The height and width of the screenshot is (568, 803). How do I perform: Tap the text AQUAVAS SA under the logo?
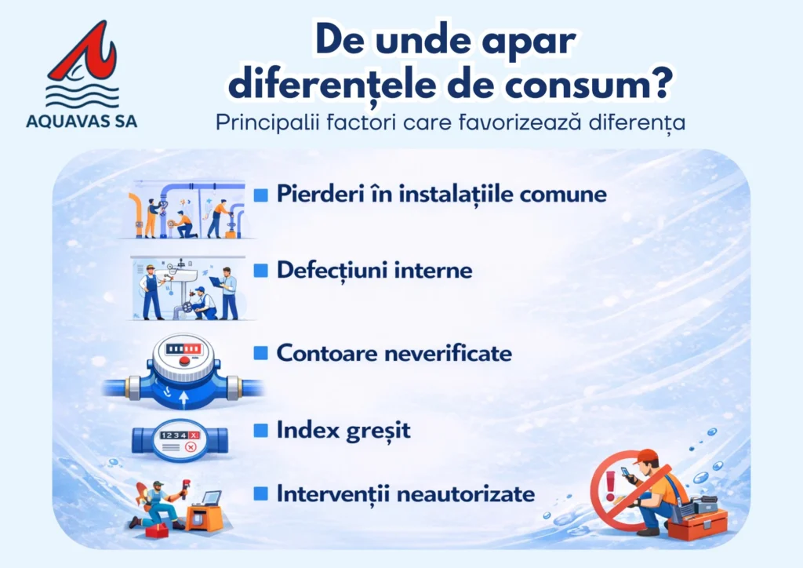tap(82, 122)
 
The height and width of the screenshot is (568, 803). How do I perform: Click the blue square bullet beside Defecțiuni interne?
tap(260, 270)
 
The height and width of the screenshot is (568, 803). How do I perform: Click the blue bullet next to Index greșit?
tap(260, 430)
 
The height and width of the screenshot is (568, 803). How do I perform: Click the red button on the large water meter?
tap(185, 361)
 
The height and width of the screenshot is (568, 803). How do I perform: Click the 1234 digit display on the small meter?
tap(173, 435)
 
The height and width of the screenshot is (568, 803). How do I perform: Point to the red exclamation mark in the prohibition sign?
tap(610, 486)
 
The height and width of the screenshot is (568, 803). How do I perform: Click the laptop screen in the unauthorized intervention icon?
tap(212, 497)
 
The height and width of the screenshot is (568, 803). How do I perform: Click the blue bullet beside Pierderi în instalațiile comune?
tap(260, 195)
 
